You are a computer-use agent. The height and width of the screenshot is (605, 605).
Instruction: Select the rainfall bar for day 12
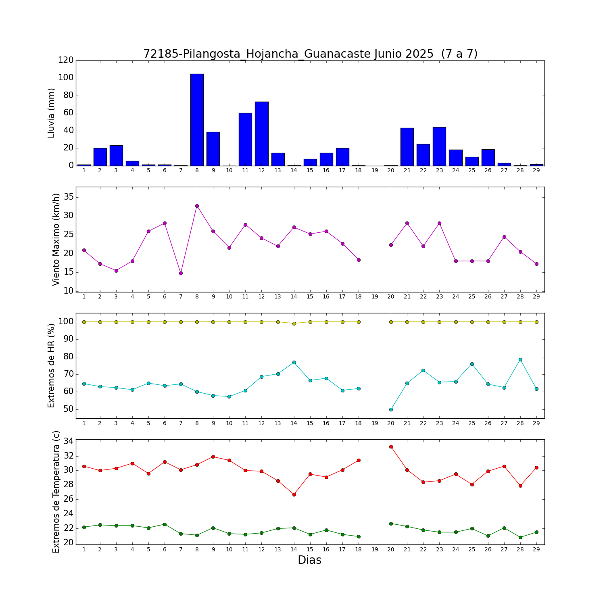point(261,134)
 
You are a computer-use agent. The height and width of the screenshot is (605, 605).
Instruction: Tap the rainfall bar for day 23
point(439,146)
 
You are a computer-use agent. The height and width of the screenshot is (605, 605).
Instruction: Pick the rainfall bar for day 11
point(245,139)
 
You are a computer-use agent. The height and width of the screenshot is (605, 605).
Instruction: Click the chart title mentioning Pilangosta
point(310,54)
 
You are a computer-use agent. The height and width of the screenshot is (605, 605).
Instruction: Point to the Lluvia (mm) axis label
point(51,113)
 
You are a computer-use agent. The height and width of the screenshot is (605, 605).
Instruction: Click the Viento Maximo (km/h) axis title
point(56,239)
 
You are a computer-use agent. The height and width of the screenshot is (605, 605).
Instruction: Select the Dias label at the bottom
point(309,560)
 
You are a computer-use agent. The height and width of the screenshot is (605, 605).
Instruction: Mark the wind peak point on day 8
point(197,206)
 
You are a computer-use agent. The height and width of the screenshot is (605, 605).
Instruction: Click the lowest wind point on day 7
point(181,273)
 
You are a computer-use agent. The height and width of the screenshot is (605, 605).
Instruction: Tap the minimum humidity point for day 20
point(391,409)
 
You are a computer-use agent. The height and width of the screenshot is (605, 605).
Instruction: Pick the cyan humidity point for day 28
point(520,359)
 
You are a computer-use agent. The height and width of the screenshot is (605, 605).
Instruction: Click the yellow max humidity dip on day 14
point(294,323)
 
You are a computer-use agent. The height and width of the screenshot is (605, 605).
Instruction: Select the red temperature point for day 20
point(391,446)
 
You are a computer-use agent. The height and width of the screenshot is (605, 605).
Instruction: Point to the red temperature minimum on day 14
point(294,494)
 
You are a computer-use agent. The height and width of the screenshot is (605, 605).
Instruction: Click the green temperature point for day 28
point(520,537)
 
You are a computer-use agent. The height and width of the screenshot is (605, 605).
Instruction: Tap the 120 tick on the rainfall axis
point(66,60)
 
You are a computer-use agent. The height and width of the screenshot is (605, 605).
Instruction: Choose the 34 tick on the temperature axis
point(69,441)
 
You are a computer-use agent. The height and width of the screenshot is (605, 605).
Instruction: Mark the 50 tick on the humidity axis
point(69,409)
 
